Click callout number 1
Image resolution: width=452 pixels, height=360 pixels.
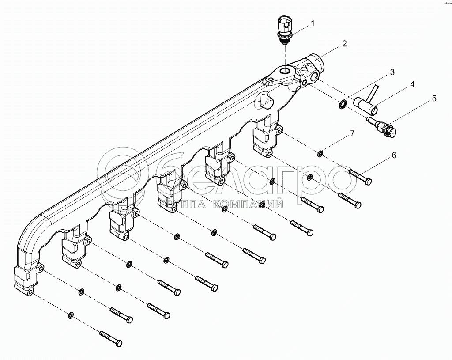tap(313, 23)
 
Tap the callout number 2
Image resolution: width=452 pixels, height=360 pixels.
tap(344, 43)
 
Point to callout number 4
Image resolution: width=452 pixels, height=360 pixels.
tap(411, 83)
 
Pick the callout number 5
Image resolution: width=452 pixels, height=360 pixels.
tap(434, 98)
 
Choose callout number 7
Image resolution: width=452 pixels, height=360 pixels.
tap(352, 133)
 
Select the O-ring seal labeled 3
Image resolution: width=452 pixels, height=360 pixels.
tap(343, 105)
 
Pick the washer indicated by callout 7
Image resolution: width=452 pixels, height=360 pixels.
tap(320, 154)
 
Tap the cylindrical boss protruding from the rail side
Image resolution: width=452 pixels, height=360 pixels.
tap(267, 102)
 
